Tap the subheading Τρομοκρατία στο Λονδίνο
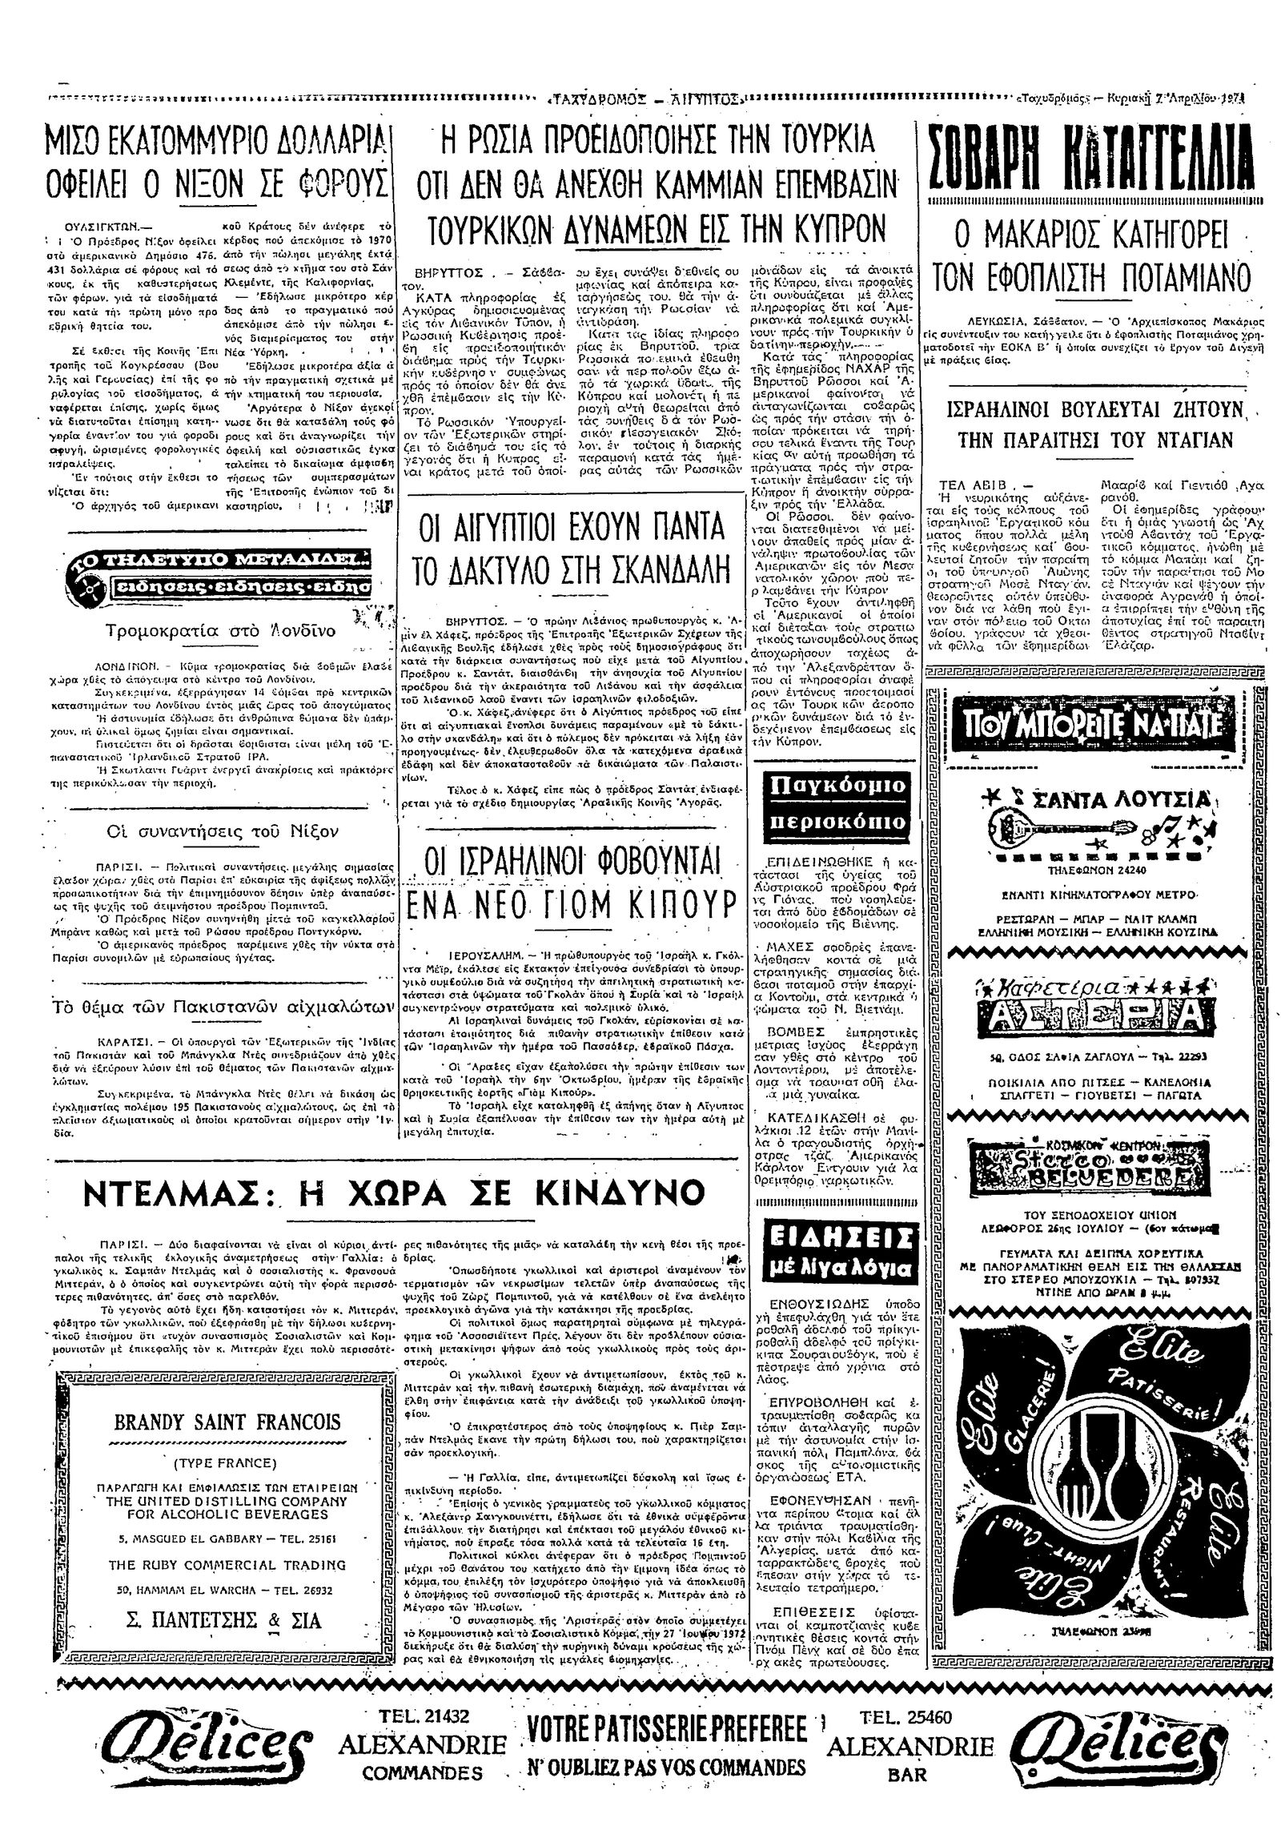pos(210,631)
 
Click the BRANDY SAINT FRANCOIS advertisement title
pos(227,1422)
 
